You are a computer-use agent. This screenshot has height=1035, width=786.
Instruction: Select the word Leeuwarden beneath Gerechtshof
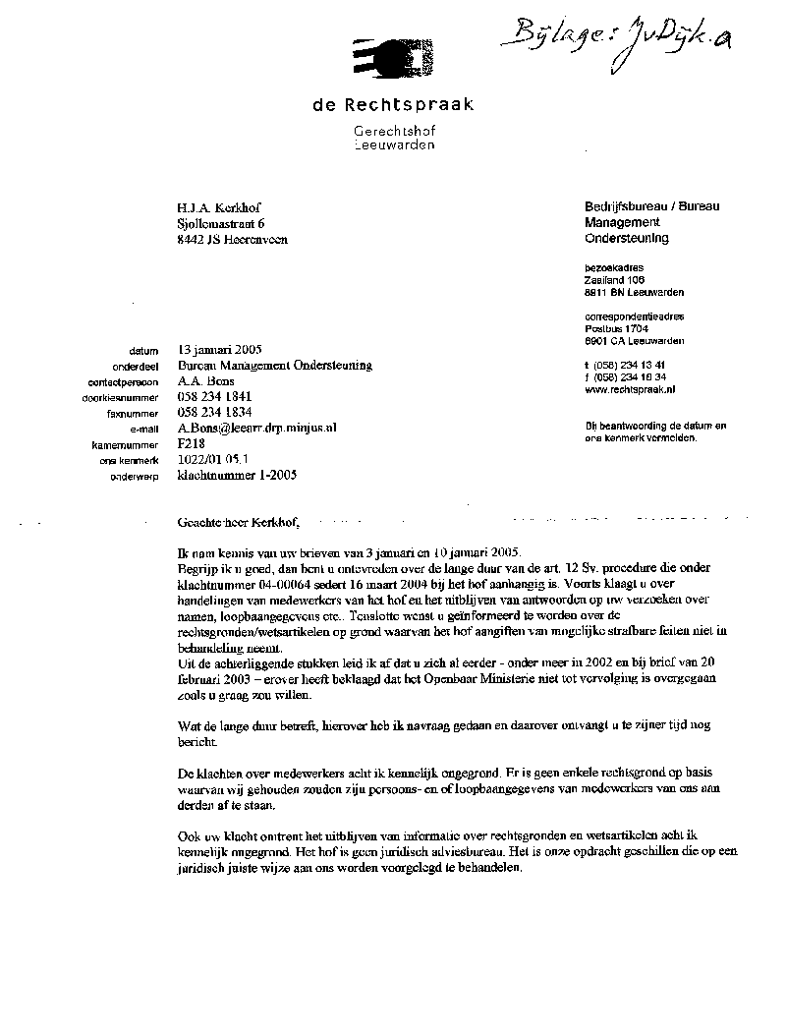pyautogui.click(x=394, y=144)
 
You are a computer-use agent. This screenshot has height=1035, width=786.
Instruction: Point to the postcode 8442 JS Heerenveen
pyautogui.click(x=233, y=239)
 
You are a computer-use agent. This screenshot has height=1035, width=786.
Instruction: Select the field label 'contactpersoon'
pyautogui.click(x=123, y=382)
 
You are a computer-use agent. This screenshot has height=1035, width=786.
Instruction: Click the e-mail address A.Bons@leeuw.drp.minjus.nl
pyautogui.click(x=256, y=429)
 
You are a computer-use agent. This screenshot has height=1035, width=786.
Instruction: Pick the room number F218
pyautogui.click(x=191, y=444)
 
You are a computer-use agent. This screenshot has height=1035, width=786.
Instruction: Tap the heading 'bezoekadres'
pyautogui.click(x=609, y=267)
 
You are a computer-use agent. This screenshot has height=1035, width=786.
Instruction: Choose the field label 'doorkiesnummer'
pyautogui.click(x=124, y=398)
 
